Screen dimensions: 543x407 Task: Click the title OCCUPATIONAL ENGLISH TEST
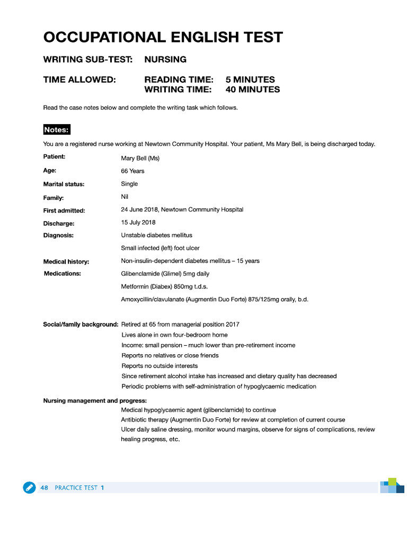click(163, 38)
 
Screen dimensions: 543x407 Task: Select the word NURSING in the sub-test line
click(165, 59)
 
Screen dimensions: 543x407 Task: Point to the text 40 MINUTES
click(252, 90)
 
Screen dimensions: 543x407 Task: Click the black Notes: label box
click(57, 130)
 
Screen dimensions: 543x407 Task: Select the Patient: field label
click(54, 157)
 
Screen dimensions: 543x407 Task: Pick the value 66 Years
click(132, 171)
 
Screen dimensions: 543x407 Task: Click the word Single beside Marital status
click(129, 184)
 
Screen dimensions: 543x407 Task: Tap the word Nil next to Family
click(125, 197)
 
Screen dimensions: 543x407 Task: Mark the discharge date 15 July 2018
click(138, 223)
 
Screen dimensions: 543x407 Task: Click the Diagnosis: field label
click(58, 235)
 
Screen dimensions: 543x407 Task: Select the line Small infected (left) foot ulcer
click(160, 248)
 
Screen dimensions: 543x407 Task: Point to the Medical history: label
click(66, 261)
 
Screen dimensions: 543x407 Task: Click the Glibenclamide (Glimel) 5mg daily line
click(165, 274)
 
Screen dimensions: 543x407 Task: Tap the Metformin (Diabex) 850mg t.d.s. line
click(164, 287)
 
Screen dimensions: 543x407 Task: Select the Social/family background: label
click(81, 325)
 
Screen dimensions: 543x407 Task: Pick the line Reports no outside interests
click(160, 366)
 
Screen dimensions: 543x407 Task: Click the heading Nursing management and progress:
click(95, 400)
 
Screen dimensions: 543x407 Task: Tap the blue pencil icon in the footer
click(29, 487)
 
